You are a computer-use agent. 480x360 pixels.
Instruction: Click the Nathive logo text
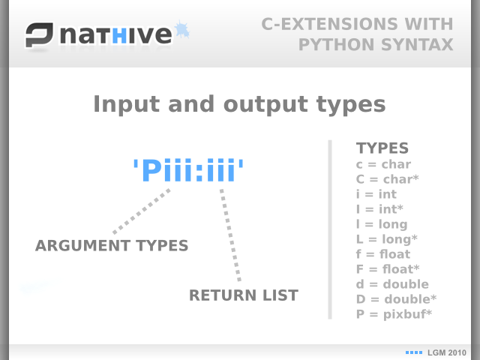116,34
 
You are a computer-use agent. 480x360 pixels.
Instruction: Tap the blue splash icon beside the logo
182,30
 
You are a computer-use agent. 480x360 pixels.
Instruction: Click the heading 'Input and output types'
239,104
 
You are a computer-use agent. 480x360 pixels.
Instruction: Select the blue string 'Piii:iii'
188,170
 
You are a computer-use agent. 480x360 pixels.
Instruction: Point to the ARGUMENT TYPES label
112,245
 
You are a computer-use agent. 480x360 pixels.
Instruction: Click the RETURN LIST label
244,295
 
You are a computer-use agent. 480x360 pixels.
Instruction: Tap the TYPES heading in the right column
382,148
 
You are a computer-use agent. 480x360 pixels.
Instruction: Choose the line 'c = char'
383,164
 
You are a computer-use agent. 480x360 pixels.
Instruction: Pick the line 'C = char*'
387,179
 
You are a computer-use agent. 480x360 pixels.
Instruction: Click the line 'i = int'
376,194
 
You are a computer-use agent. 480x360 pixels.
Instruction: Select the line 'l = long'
382,224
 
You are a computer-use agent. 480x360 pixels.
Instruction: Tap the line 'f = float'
383,254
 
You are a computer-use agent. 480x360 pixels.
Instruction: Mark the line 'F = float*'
388,269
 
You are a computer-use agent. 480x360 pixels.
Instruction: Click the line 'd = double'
392,284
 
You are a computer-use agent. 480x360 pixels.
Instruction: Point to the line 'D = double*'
397,299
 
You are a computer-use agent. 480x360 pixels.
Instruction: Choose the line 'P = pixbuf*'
394,314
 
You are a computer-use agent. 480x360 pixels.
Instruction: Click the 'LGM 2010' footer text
447,352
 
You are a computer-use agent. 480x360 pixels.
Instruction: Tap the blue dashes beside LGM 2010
414,352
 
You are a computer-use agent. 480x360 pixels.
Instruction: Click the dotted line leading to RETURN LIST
230,235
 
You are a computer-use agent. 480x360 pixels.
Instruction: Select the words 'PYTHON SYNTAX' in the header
376,45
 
